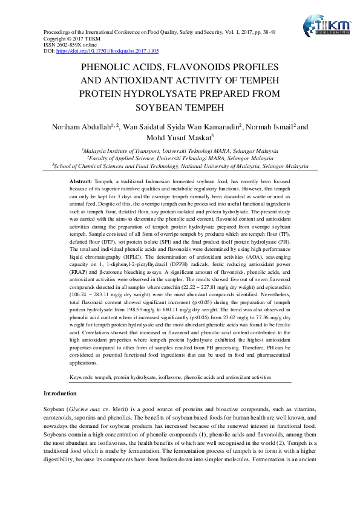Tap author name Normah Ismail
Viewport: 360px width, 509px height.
point(270,126)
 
